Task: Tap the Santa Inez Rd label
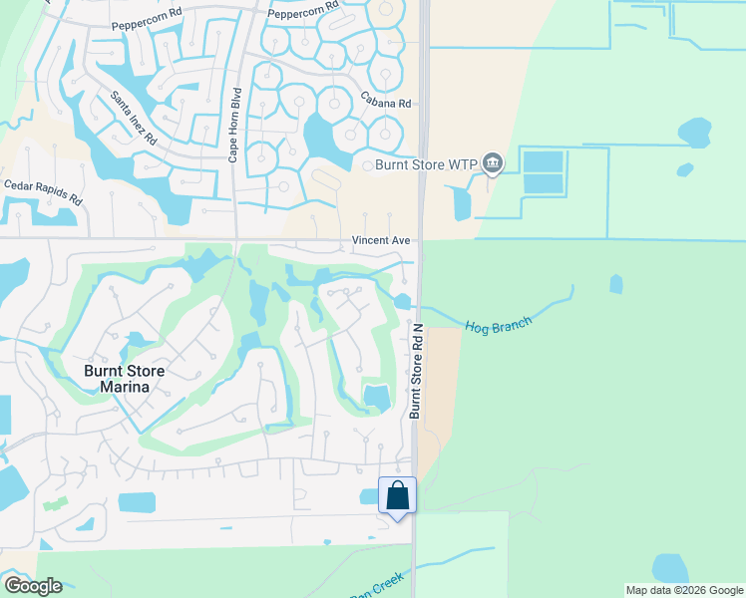(x=134, y=118)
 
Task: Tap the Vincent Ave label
(x=381, y=240)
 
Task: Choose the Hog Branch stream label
(x=499, y=323)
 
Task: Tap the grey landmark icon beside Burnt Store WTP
(x=492, y=162)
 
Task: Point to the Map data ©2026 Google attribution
(x=683, y=590)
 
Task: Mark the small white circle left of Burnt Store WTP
(x=366, y=165)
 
